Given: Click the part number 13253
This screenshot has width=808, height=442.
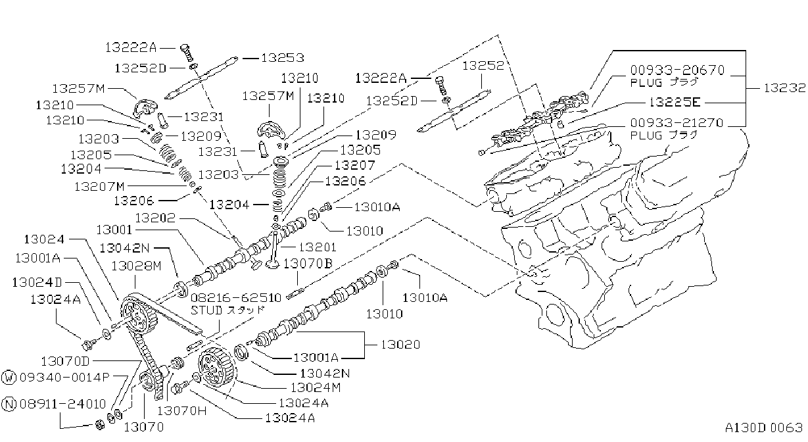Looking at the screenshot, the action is click(283, 58).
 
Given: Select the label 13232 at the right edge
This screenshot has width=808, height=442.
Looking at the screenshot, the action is click(784, 88).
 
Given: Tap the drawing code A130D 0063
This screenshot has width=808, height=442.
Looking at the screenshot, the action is click(764, 428).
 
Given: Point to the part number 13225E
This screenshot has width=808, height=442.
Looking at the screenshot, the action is click(674, 103).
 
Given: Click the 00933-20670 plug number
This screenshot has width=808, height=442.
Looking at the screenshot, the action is click(677, 70).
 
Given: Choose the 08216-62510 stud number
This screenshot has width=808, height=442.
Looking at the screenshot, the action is click(235, 298).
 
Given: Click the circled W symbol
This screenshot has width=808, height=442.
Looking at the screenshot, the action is click(9, 378).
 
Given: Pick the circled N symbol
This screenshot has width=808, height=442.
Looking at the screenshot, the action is click(9, 404).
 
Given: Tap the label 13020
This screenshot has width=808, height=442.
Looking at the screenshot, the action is click(400, 345).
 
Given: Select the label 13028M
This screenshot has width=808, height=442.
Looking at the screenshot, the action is click(136, 266).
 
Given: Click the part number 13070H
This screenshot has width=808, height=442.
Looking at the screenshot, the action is click(181, 410).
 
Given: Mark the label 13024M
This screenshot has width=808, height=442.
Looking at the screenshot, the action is click(316, 387).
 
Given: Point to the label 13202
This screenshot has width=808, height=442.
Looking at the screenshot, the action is click(155, 218).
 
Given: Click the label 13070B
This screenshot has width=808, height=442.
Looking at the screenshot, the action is click(308, 264).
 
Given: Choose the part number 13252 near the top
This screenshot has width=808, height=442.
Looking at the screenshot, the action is click(483, 66).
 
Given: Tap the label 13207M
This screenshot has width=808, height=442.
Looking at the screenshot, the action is click(99, 187).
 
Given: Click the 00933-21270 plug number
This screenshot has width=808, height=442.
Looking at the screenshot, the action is click(677, 123).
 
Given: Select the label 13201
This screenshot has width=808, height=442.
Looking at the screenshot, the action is click(318, 247).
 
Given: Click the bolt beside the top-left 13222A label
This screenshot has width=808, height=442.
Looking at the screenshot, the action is click(187, 53).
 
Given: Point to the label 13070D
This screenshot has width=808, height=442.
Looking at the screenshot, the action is click(65, 361).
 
